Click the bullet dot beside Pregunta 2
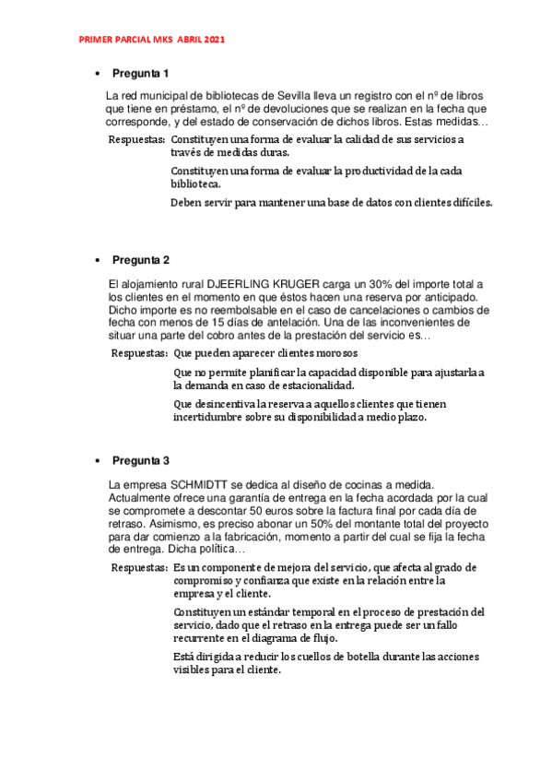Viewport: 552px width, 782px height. pyautogui.click(x=98, y=260)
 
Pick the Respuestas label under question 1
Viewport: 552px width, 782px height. pyautogui.click(x=137, y=139)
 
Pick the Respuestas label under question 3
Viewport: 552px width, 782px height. pyautogui.click(x=138, y=568)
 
